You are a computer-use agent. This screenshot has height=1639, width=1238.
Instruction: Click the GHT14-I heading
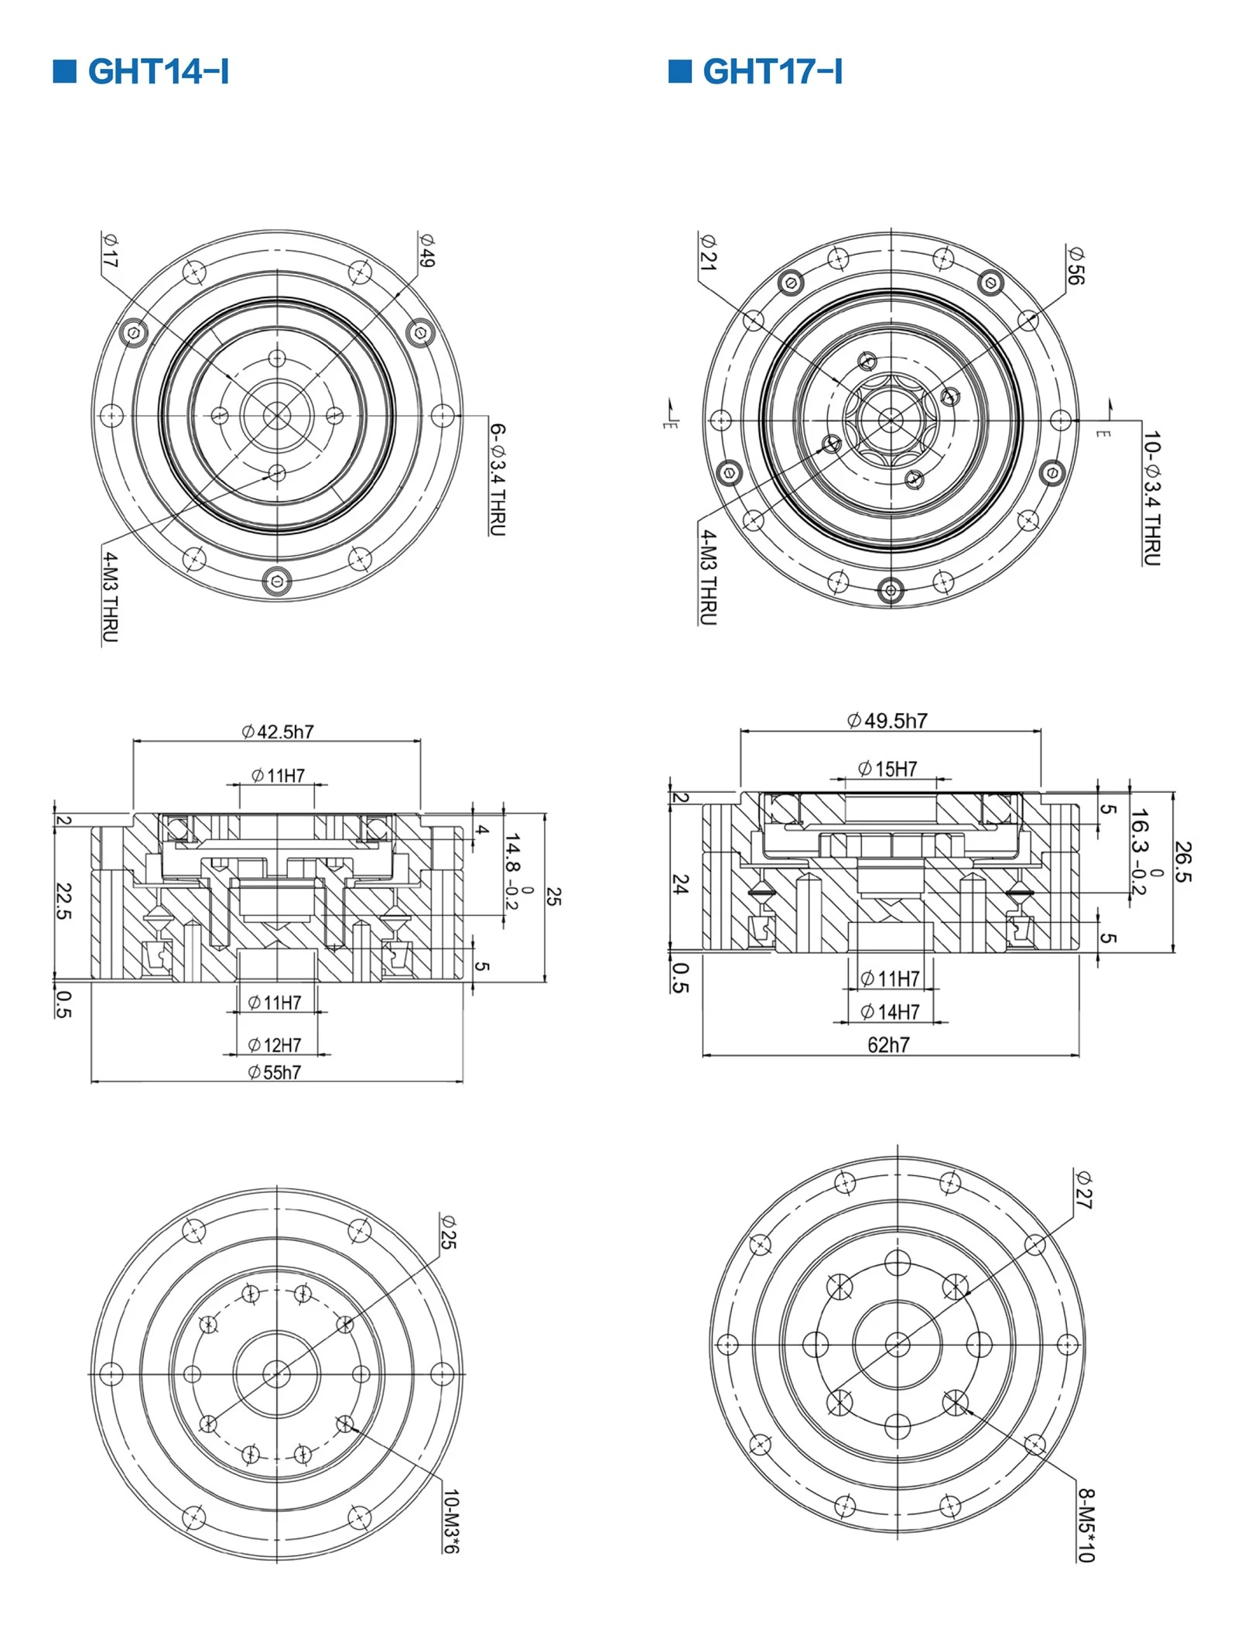159,71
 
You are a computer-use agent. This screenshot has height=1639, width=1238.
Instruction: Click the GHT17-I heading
773,71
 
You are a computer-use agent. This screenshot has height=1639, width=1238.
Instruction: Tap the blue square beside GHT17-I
679,70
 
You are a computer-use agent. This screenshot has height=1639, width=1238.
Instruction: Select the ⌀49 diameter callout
426,250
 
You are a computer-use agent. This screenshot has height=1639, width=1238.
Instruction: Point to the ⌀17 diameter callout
110,250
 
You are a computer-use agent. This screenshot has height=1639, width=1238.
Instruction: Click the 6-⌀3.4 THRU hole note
498,479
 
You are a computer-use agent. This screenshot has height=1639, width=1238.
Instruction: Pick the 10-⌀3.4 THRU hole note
1151,499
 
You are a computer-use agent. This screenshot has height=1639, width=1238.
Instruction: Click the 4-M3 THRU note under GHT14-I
110,597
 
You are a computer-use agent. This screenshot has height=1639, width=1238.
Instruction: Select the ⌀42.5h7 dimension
278,732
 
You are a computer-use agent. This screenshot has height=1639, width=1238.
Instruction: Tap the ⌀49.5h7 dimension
887,721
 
